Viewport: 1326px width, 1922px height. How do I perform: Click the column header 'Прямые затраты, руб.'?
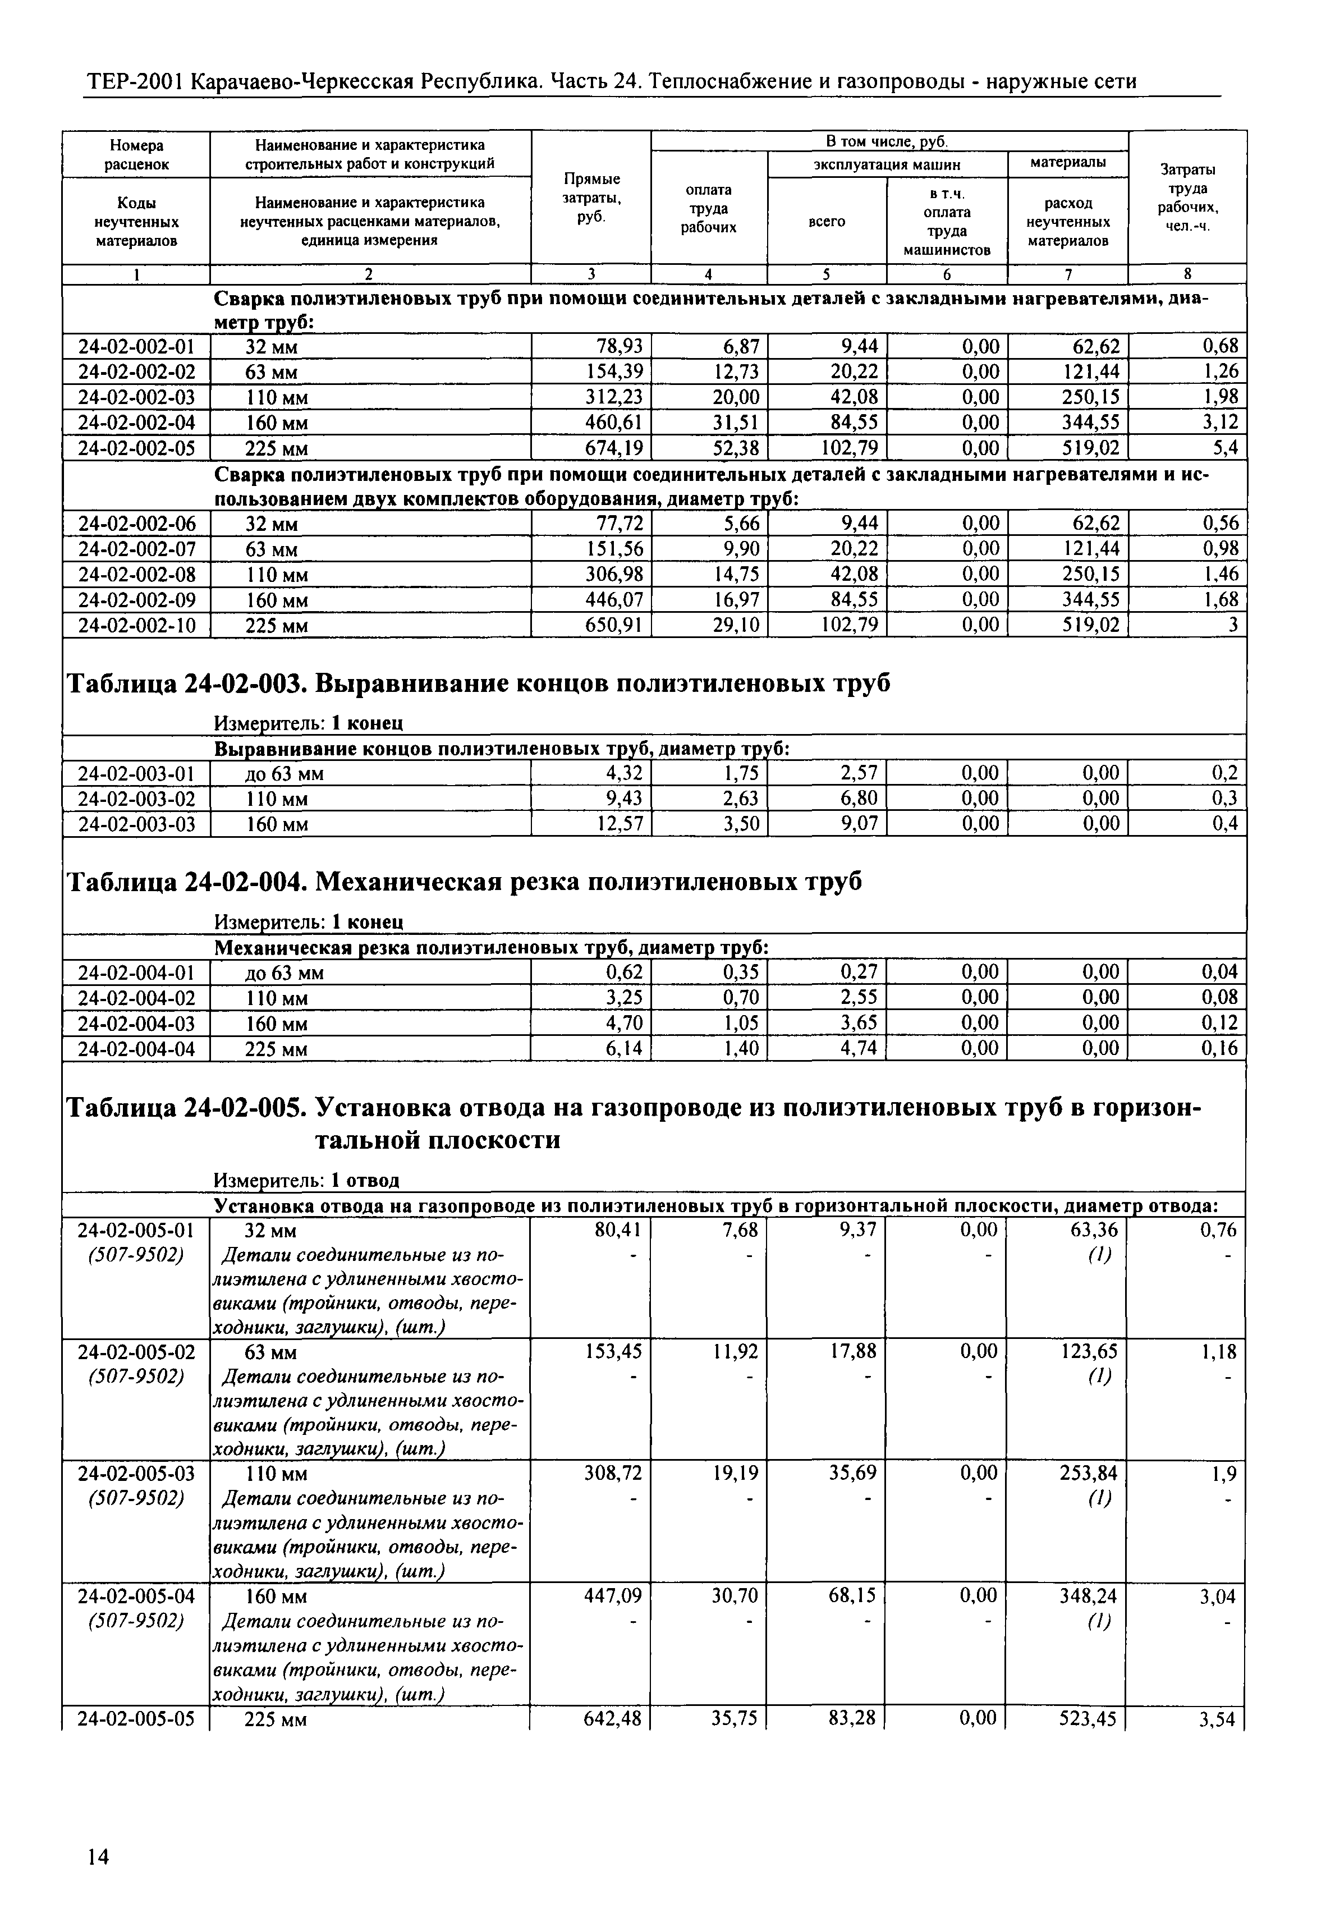point(591,198)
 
